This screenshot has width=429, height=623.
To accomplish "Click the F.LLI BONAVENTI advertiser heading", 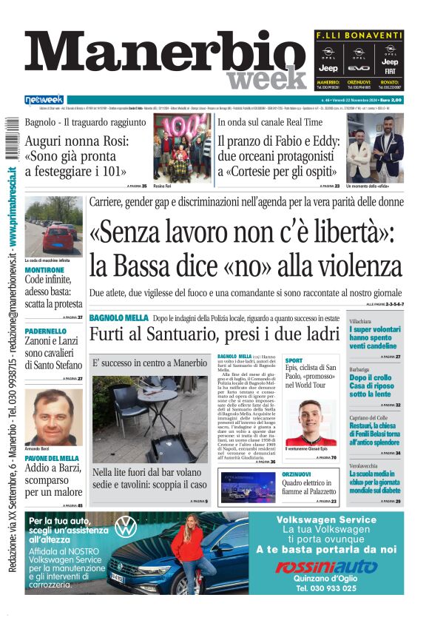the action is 359,36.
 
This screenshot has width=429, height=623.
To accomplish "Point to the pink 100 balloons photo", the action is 183,147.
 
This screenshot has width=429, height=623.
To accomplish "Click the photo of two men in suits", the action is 375,147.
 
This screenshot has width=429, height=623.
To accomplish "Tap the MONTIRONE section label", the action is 44,270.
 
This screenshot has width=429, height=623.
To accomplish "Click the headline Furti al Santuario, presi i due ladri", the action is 214,334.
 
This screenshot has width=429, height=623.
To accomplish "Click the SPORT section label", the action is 294,360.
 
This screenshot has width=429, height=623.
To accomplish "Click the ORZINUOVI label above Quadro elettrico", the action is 297,474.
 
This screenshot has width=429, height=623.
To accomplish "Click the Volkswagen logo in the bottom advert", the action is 126,527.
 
